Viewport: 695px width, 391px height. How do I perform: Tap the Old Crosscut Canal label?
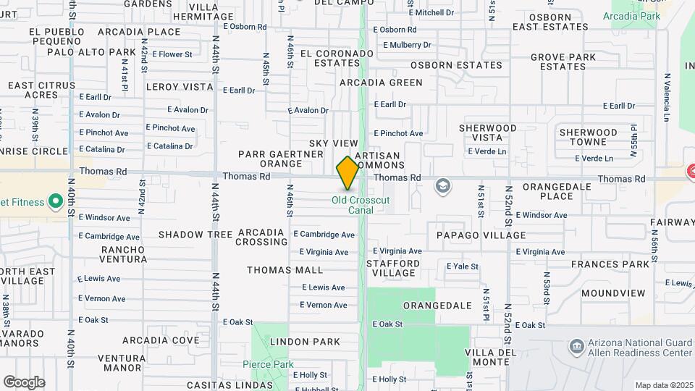point(353,205)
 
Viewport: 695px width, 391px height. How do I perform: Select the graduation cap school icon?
point(442,188)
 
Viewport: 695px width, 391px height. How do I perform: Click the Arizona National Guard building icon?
point(577,346)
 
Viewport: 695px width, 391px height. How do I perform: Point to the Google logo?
point(24,382)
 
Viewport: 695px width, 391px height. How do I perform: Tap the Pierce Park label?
point(267,363)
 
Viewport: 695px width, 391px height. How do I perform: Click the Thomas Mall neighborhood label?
point(285,270)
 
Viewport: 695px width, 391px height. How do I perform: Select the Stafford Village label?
point(393,268)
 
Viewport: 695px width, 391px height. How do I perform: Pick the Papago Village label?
point(481,235)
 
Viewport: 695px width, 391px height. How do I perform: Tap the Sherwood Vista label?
point(488,133)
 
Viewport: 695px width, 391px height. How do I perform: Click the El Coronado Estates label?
point(336,58)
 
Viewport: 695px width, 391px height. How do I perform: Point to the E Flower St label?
point(172,54)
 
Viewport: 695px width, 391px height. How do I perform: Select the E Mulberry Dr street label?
point(408,45)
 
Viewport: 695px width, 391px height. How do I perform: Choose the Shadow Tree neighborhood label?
point(195,235)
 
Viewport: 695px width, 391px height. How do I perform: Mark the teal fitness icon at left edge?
point(54,201)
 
